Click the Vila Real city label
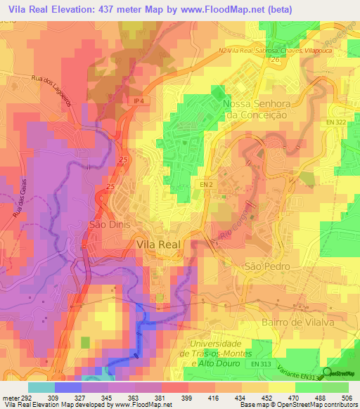point(157,245)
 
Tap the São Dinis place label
point(108,225)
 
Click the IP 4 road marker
point(141,101)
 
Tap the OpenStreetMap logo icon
point(328,373)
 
